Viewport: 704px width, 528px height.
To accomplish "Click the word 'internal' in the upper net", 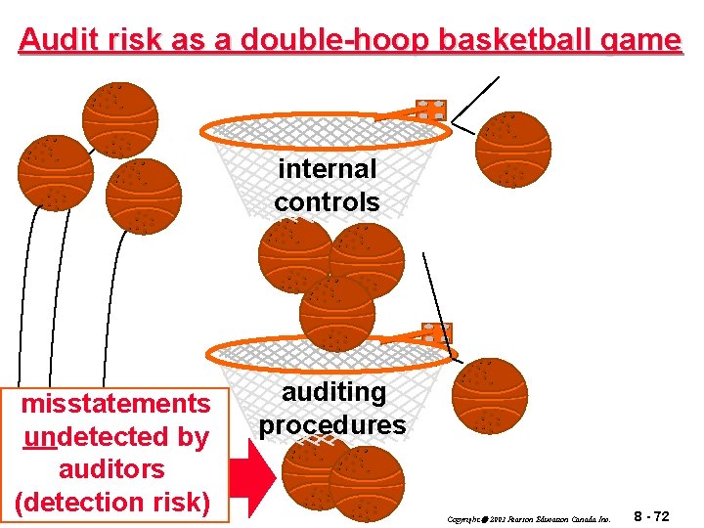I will (327, 168).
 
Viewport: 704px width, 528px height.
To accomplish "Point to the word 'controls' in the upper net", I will (327, 202).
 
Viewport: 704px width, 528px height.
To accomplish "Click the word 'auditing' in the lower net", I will (333, 391).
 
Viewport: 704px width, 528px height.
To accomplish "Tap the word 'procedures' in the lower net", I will (332, 425).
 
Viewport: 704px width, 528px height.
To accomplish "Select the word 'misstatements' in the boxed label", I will (116, 403).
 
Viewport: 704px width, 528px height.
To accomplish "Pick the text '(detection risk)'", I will (113, 502).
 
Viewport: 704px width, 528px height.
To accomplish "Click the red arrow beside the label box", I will (257, 484).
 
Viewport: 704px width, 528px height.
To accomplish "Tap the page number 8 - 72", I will (651, 515).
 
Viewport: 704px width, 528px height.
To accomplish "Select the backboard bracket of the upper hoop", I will (430, 109).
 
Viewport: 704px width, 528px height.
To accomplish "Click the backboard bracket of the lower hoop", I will (436, 332).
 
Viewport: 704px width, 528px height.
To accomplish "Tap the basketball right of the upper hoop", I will (513, 149).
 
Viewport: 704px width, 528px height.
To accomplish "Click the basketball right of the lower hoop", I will (490, 396).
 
